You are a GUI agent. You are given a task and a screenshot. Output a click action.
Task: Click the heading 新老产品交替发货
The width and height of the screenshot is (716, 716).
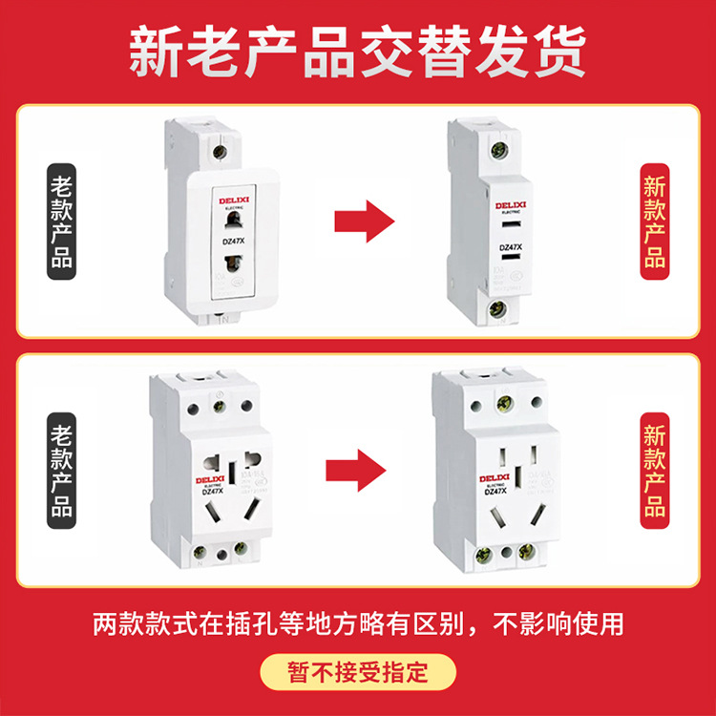357,53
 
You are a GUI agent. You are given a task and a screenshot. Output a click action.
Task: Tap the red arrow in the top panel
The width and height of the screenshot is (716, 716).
364,221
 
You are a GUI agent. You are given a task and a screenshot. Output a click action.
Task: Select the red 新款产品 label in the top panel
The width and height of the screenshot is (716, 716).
654,221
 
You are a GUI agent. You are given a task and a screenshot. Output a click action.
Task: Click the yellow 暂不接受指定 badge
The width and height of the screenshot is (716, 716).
358,671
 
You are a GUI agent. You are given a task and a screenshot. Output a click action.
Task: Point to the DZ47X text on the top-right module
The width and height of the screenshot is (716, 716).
510,248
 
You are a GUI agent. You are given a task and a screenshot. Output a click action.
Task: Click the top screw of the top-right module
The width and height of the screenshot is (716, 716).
496,148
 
